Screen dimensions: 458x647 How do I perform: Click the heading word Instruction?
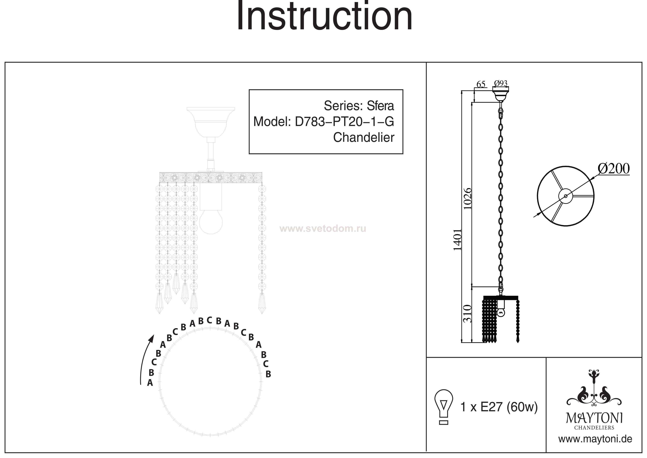coord(324,16)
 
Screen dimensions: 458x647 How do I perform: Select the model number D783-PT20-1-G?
coord(344,122)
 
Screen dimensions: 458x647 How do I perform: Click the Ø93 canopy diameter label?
coord(501,83)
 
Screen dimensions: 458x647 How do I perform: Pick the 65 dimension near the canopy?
coord(481,84)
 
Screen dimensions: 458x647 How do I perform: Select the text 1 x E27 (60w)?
coord(499,407)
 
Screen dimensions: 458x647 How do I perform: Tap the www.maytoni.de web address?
coord(595,439)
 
